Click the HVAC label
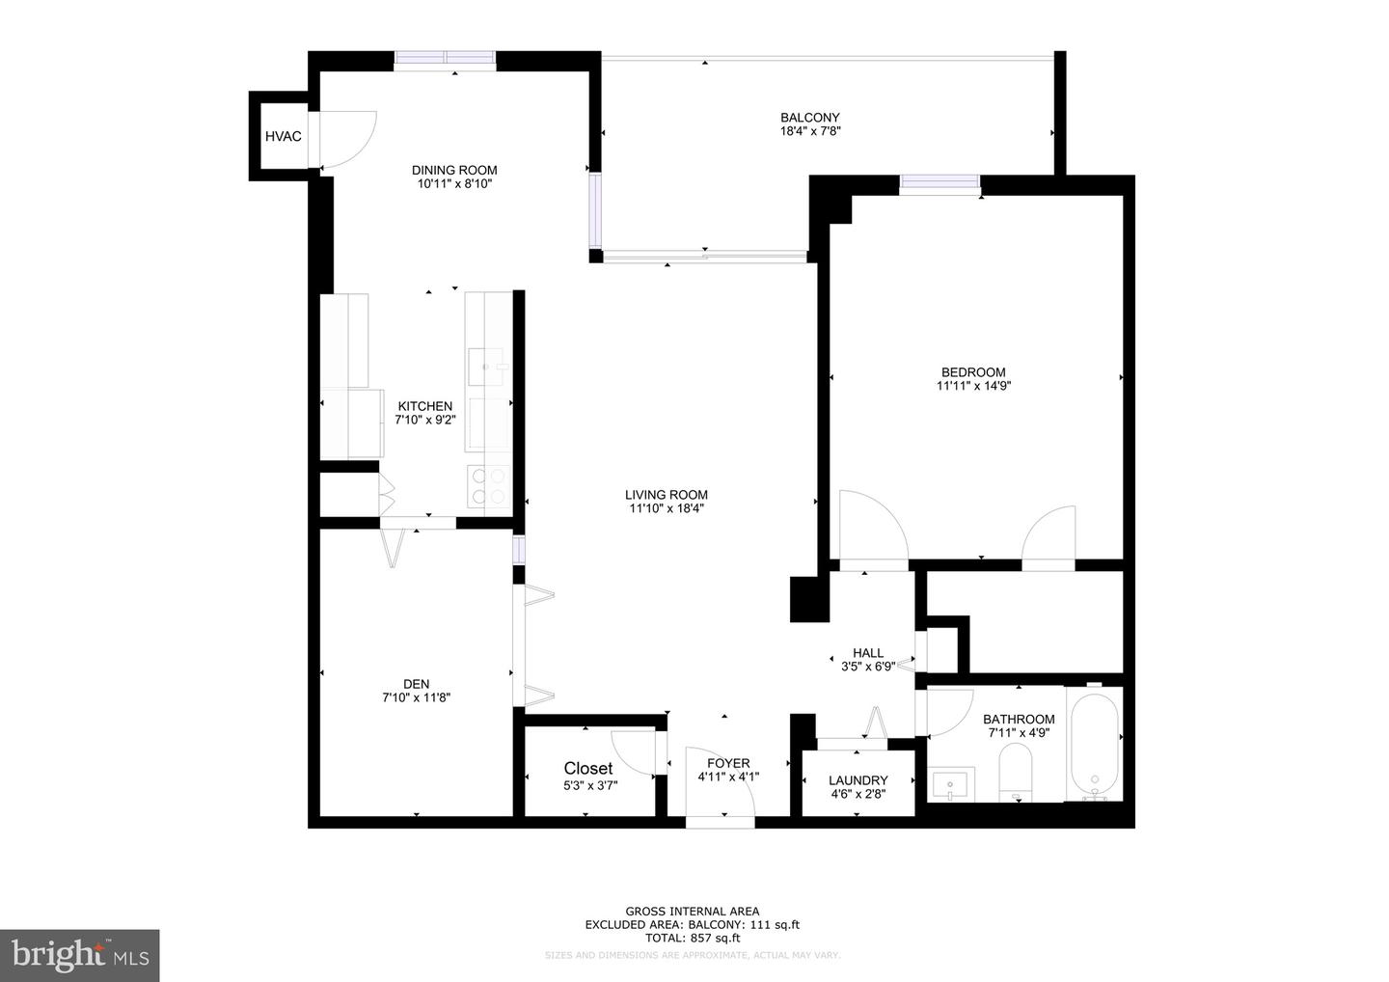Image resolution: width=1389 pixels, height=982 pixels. [283, 137]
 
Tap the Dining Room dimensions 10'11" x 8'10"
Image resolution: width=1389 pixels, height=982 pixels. [456, 183]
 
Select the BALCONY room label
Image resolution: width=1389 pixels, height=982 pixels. [809, 118]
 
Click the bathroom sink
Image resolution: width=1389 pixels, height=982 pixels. [952, 784]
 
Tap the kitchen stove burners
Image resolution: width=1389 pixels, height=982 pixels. [488, 486]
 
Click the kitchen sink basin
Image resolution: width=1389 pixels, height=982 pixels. [488, 368]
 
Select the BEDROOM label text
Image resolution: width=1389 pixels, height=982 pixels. [973, 372]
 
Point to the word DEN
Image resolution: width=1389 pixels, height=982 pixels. [416, 684]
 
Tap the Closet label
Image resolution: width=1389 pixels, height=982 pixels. [588, 768]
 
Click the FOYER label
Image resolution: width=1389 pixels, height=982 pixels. [728, 763]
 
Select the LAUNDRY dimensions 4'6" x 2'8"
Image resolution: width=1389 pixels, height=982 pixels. [858, 795]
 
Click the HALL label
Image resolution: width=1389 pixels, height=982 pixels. [868, 653]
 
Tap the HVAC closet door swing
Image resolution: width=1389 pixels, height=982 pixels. [347, 141]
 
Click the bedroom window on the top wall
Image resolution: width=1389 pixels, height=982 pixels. [940, 183]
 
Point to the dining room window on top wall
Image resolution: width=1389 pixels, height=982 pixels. [445, 60]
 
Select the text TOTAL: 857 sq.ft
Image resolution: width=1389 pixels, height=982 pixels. [692, 938]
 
